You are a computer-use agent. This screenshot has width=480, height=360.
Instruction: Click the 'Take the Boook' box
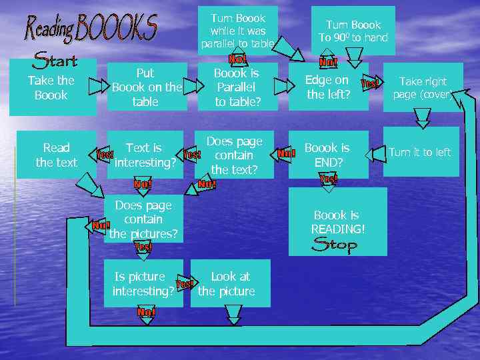(51, 88)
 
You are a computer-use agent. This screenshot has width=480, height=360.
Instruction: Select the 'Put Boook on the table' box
(145, 87)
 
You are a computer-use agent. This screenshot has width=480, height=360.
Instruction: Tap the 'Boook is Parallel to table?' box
(237, 87)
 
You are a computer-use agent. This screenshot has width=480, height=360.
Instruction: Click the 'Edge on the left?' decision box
(327, 87)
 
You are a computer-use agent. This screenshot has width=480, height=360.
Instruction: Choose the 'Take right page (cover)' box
(423, 87)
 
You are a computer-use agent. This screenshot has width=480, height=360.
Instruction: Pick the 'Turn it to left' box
(420, 152)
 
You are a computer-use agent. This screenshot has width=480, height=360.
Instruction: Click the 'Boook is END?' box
(327, 155)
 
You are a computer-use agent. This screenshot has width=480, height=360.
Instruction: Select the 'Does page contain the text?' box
(235, 156)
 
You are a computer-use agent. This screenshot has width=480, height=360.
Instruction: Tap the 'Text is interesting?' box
(144, 155)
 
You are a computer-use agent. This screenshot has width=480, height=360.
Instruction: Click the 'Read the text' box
(57, 155)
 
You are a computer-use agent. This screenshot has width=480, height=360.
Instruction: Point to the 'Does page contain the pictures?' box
(143, 219)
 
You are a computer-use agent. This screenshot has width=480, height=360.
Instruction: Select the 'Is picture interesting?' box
(143, 284)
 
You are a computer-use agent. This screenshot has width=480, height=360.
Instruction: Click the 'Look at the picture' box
(230, 284)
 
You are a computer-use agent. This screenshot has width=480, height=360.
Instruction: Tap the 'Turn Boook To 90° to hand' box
(353, 31)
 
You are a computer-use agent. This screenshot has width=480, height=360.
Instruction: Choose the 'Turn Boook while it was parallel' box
(238, 31)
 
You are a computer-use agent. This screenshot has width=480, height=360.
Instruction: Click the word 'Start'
(55, 61)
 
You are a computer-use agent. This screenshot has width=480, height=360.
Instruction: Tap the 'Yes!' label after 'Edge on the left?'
(370, 83)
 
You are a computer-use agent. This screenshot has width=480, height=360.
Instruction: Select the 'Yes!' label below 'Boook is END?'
(329, 179)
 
